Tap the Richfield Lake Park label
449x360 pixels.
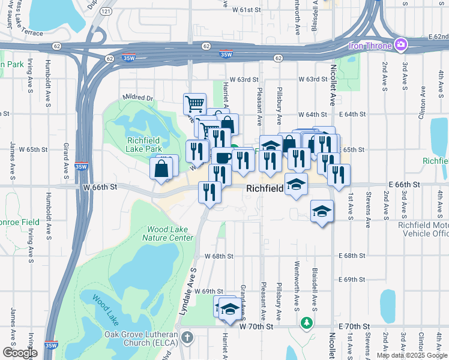pyautogui.click(x=144, y=145)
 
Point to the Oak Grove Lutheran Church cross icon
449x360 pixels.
pyautogui.click(x=187, y=337)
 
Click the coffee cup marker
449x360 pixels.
pyautogui.click(x=223, y=158)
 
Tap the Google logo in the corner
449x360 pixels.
pyautogui.click(x=20, y=352)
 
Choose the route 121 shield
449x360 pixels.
pyautogui.click(x=106, y=11)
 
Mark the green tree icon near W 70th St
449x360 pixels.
pyautogui.click(x=307, y=323)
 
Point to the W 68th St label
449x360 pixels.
pyautogui.click(x=218, y=256)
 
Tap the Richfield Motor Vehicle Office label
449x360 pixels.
pyautogui.click(x=423, y=229)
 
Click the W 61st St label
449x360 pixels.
pyautogui.click(x=247, y=10)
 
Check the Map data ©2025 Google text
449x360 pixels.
pyautogui.click(x=412, y=355)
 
